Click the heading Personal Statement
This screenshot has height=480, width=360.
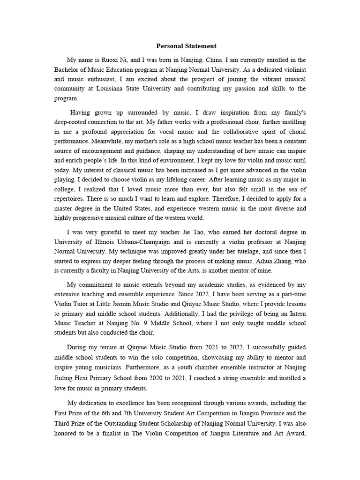click(186, 46)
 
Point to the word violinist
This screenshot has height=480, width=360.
click(293, 69)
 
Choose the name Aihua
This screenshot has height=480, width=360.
click(249, 261)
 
